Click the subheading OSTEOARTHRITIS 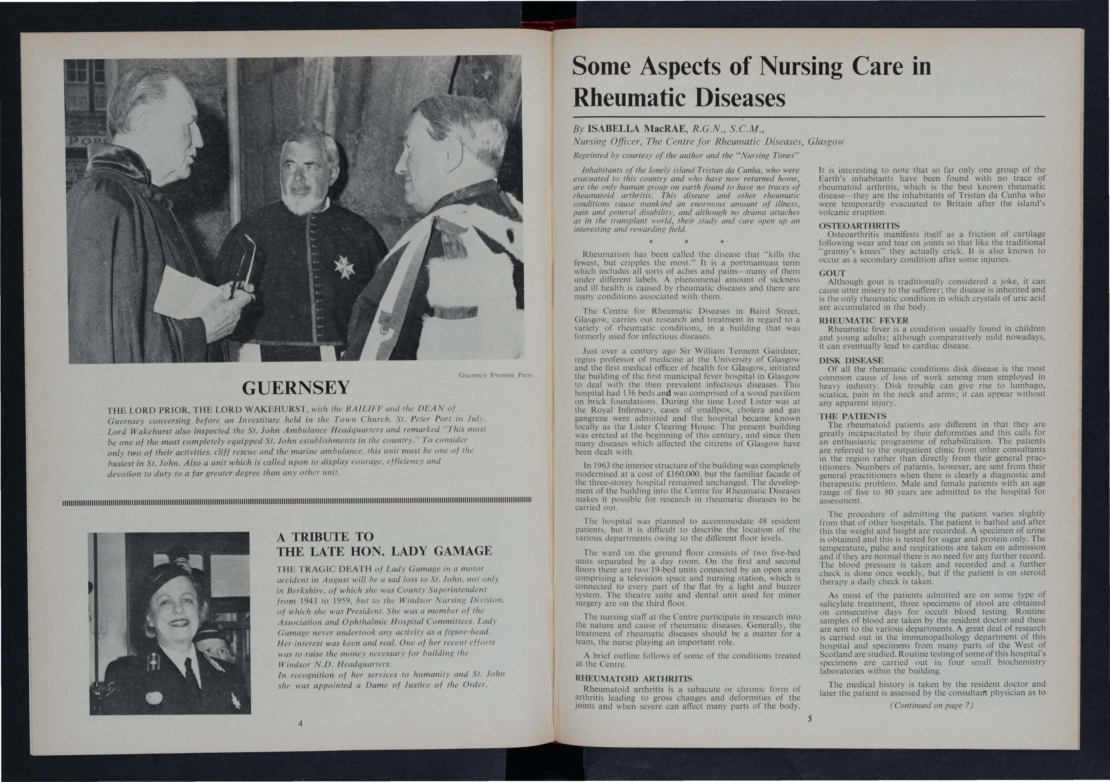point(859,226)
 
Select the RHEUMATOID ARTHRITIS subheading point(626,678)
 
